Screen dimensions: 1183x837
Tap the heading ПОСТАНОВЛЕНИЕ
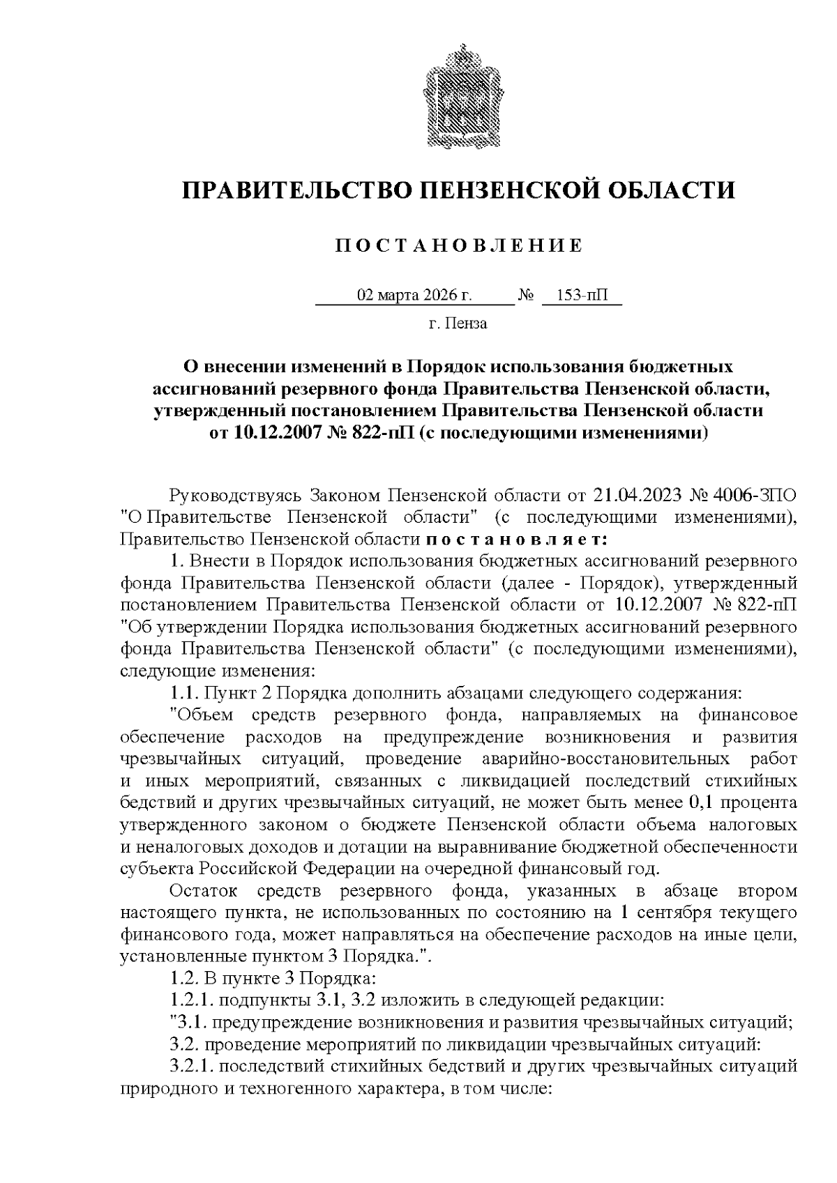pyautogui.click(x=458, y=245)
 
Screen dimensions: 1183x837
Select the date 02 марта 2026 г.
pyautogui.click(x=415, y=295)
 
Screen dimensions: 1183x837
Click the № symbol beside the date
pyautogui.click(x=526, y=296)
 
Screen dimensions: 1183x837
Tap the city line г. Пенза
pyautogui.click(x=458, y=323)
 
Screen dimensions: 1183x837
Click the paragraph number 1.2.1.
pyautogui.click(x=192, y=1000)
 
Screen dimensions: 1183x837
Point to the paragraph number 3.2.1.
pyautogui.click(x=192, y=1066)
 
